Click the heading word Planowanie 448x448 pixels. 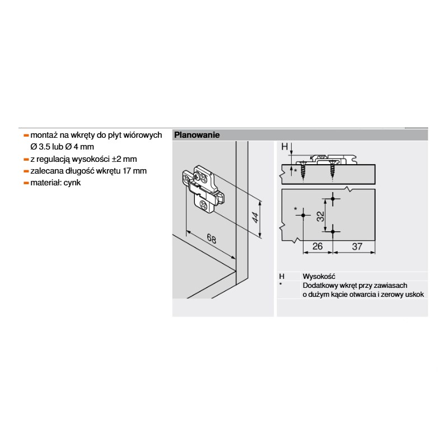tap(197, 135)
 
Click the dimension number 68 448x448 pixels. tap(212, 239)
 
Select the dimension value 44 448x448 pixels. tap(255, 217)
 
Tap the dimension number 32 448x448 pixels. tap(320, 216)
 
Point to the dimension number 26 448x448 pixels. tap(318, 246)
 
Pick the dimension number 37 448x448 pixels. tap(357, 246)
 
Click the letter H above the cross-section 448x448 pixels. tap(284, 147)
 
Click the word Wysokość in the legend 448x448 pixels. tap(319, 276)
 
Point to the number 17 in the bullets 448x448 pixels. tap(127, 171)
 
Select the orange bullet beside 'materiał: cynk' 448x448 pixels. tap(26, 183)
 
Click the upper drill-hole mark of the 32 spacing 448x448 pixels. tap(333, 198)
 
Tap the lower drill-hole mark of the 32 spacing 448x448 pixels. tap(333, 231)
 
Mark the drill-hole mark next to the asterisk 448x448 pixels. tap(303, 215)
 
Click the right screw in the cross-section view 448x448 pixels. tap(332, 171)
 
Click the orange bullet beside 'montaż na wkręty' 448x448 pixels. tap(26, 136)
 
